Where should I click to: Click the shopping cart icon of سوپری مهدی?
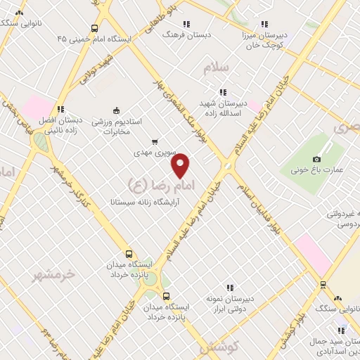point(154,141)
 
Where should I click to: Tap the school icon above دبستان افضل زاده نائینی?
point(60,109)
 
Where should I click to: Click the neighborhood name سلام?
point(216,67)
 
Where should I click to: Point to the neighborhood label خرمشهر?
point(53,274)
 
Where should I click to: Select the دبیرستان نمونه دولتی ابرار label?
point(229,302)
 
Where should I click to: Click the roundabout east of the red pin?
point(227,167)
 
